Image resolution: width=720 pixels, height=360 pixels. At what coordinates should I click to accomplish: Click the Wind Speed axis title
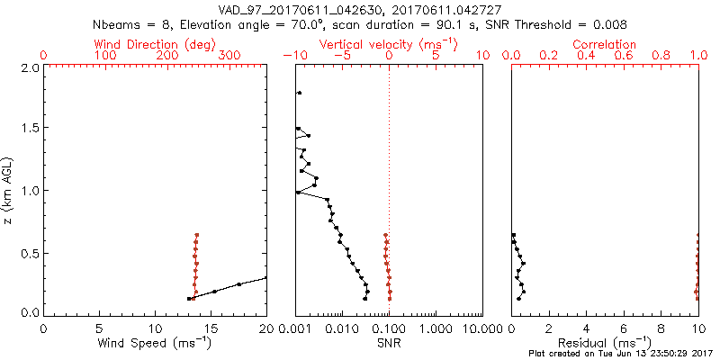tap(155, 343)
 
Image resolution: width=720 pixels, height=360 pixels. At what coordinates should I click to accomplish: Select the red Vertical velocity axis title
tap(388, 44)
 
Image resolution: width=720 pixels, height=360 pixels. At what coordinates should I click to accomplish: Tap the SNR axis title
tap(389, 343)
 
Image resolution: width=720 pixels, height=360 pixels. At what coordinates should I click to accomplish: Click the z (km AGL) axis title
tap(8, 191)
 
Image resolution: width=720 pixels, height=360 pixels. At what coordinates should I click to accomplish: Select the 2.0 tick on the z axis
tap(29, 67)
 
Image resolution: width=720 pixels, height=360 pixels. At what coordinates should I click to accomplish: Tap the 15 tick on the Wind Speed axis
tap(211, 328)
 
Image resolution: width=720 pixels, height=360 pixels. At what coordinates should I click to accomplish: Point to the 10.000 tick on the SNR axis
tap(481, 328)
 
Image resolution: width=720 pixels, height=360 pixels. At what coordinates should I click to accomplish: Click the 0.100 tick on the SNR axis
tap(389, 328)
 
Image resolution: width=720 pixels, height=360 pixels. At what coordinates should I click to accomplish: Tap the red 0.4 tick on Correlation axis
tap(587, 56)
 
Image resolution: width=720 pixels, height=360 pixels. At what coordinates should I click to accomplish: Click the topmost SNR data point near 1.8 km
tap(299, 93)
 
